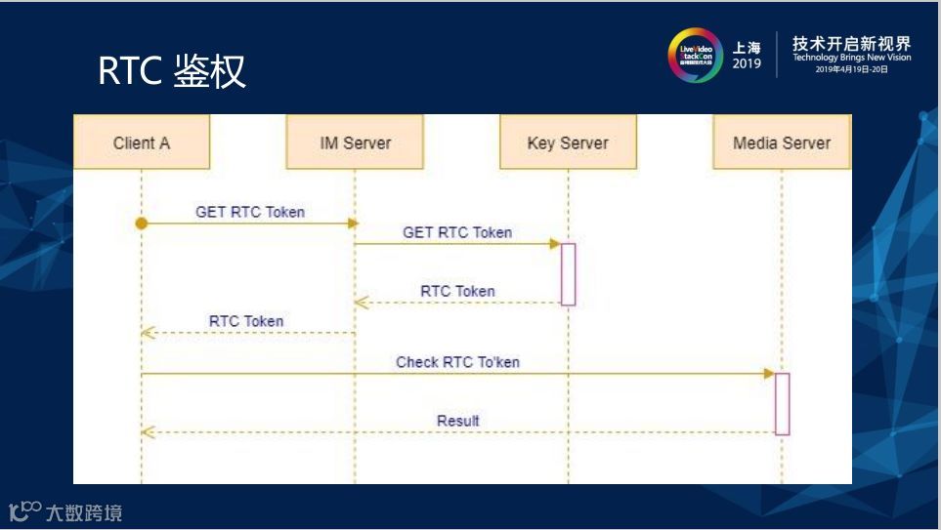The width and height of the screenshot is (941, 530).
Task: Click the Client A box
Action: point(142,143)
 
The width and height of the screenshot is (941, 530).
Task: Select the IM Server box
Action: point(355,143)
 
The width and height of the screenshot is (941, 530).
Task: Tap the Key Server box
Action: point(568,143)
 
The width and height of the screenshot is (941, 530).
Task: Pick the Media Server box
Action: point(782,143)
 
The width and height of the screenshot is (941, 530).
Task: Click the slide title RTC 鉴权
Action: point(172,71)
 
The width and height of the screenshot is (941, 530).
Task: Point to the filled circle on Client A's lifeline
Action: point(142,224)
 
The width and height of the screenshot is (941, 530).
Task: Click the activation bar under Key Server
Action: point(568,274)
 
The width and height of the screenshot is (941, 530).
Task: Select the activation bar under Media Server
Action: point(782,403)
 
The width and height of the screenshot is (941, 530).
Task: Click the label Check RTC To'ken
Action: point(457,362)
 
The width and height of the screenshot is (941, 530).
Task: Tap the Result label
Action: point(457,421)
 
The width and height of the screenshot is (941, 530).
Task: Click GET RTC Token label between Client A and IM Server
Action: point(250,212)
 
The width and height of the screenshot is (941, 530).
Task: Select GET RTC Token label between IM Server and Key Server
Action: point(457,232)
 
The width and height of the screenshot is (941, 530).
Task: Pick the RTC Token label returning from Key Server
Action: point(457,291)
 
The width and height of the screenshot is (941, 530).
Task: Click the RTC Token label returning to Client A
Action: point(246,321)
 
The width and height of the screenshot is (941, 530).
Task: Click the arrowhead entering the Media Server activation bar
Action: point(769,374)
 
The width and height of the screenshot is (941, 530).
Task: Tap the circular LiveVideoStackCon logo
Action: point(695,55)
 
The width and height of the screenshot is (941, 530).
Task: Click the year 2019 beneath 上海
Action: point(747,63)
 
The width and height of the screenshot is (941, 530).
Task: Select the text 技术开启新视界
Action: point(851,43)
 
